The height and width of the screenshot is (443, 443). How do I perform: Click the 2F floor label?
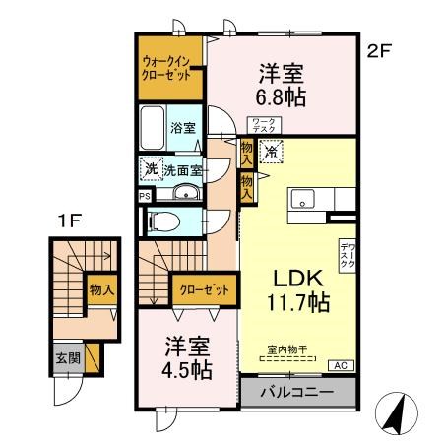pyautogui.click(x=379, y=53)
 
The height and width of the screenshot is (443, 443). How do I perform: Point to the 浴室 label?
pyautogui.click(x=184, y=127)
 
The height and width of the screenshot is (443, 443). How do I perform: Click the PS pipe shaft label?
pyautogui.click(x=145, y=195)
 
